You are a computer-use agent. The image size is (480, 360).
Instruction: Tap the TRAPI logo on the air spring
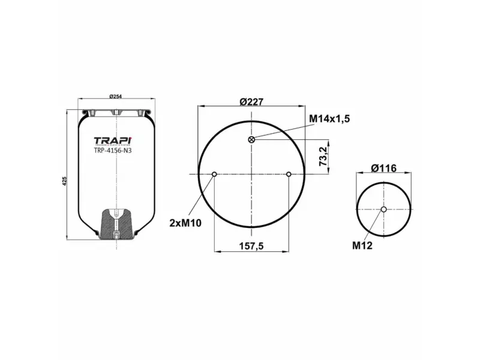tap(112, 141)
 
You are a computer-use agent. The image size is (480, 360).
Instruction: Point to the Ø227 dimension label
tap(252, 101)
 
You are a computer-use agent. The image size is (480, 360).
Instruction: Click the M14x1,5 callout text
tap(329, 119)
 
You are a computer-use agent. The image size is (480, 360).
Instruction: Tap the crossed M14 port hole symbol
tap(251, 140)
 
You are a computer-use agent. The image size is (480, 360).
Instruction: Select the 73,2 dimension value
tap(323, 157)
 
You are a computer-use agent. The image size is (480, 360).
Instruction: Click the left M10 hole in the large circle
tap(214, 175)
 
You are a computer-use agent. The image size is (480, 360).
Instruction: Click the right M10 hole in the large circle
tap(289, 175)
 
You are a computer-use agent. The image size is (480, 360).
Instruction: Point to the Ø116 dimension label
tap(383, 169)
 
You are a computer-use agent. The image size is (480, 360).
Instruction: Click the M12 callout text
tap(362, 245)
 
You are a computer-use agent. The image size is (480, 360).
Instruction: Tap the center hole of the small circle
tap(383, 209)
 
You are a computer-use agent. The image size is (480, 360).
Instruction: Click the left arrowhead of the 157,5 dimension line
tap(217, 251)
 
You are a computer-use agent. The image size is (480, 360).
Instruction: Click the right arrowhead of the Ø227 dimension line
tap(302, 107)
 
